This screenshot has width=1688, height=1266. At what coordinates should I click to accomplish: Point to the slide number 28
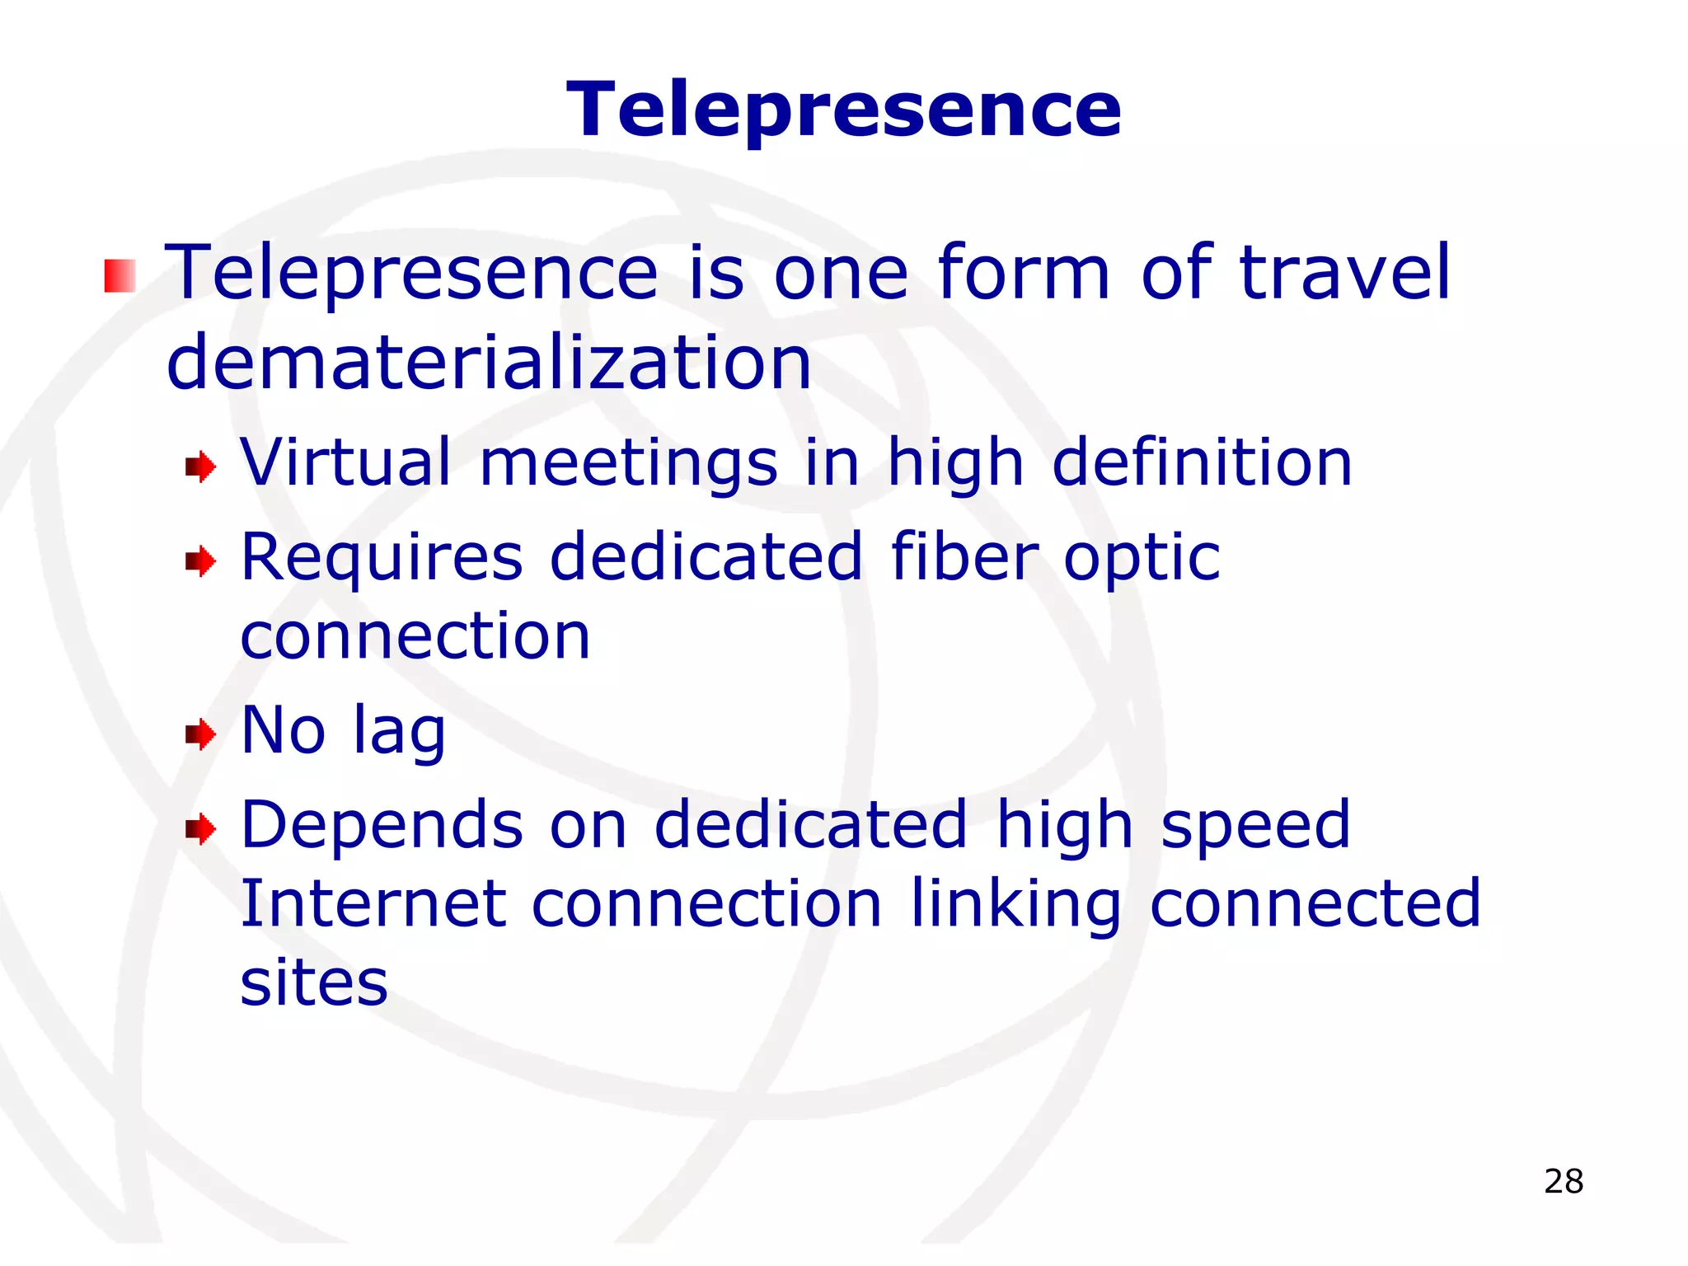click(x=1564, y=1181)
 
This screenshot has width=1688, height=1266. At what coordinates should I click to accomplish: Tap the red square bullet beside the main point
click(x=120, y=276)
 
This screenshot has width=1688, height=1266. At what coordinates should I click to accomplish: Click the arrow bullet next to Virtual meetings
click(x=200, y=467)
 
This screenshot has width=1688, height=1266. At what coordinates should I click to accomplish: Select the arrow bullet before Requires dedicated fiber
click(x=200, y=562)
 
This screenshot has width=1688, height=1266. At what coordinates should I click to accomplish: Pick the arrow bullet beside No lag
click(x=200, y=734)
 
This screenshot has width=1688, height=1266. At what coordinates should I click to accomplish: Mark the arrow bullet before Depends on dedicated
click(x=200, y=828)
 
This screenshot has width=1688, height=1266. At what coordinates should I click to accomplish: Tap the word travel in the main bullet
click(x=1344, y=273)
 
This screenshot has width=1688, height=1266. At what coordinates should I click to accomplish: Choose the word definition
click(x=1203, y=462)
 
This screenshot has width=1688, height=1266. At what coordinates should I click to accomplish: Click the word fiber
click(x=965, y=557)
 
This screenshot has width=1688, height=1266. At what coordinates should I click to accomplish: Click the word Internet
click(x=373, y=903)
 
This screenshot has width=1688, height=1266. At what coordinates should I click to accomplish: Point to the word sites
click(x=314, y=982)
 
